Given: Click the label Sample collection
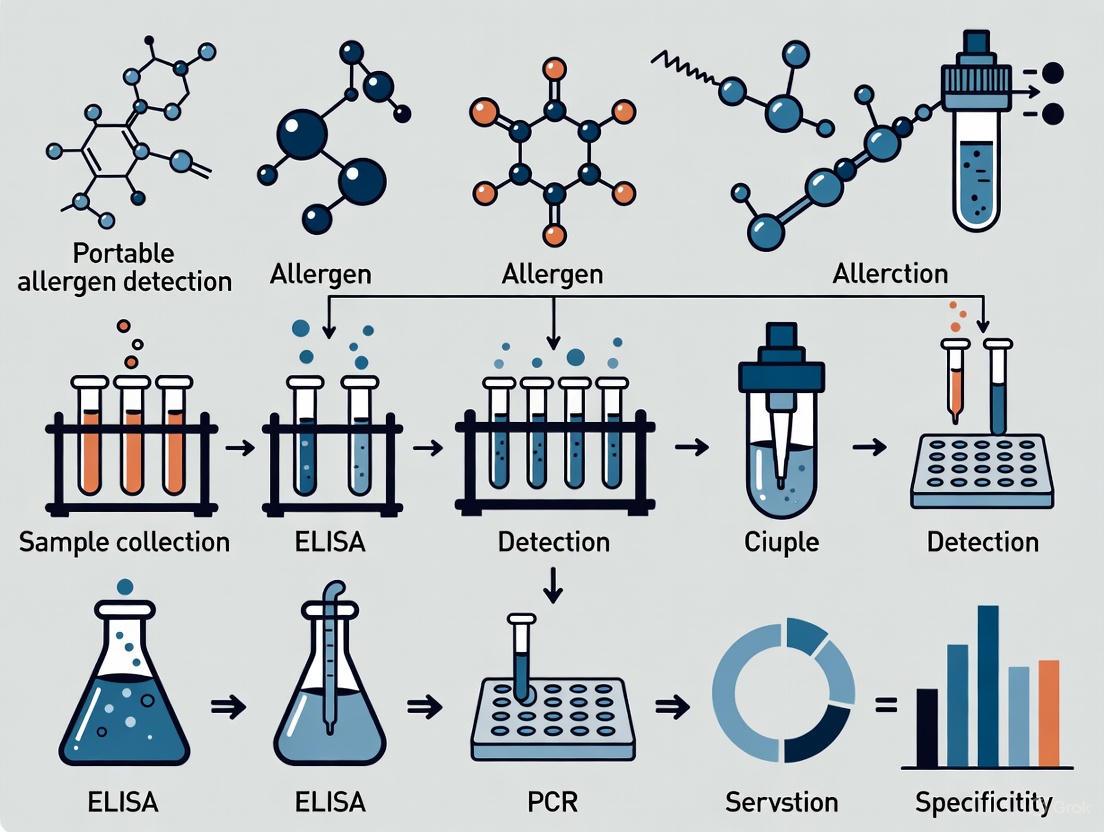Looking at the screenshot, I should click(x=124, y=542).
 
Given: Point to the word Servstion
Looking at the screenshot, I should click(x=781, y=801).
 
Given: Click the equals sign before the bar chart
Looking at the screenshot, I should click(x=885, y=706).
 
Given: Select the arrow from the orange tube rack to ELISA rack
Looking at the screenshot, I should click(x=240, y=449).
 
